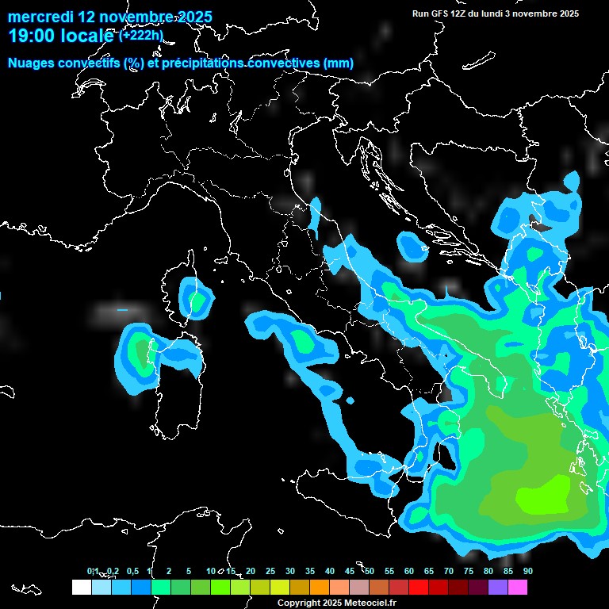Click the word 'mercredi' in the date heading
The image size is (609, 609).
[37, 17]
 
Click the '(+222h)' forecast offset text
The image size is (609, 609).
[140, 36]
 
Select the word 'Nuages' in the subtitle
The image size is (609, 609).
[33, 63]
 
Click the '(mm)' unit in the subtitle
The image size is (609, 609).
[338, 63]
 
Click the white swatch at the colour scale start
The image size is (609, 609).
[81, 587]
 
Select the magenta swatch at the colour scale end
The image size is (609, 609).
[517, 587]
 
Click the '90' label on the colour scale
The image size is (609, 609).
[527, 572]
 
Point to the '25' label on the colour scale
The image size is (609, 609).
[270, 572]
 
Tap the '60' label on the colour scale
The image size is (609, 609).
[408, 572]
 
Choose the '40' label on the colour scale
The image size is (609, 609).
[329, 572]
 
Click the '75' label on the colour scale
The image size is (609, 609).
[468, 572]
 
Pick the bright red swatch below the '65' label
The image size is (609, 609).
[418, 587]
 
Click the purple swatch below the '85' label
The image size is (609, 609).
[497, 587]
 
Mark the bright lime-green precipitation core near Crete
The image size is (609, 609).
[543, 496]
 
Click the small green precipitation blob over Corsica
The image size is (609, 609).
[196, 301]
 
